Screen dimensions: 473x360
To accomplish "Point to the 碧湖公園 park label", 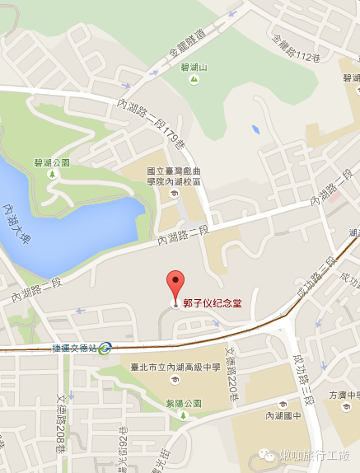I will [x=52, y=162].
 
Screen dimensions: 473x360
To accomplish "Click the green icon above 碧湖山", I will [x=183, y=61].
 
